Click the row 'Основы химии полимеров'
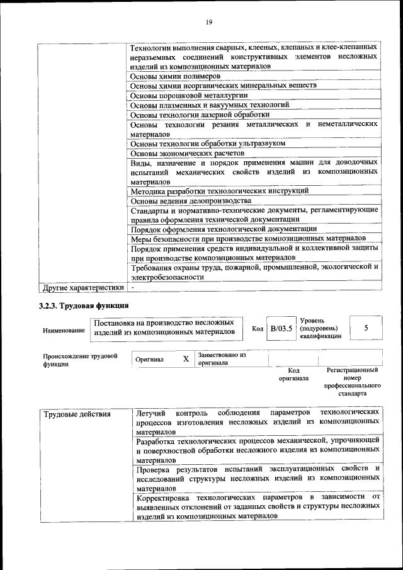(x=175, y=76)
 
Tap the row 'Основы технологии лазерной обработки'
(x=200, y=115)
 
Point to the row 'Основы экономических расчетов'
(x=186, y=153)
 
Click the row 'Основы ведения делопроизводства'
(x=190, y=200)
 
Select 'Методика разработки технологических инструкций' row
(x=219, y=190)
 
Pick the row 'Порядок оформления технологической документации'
(x=224, y=229)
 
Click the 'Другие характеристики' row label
(x=82, y=288)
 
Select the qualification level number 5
(x=366, y=328)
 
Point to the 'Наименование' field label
(x=64, y=331)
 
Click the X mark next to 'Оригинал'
(x=186, y=359)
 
